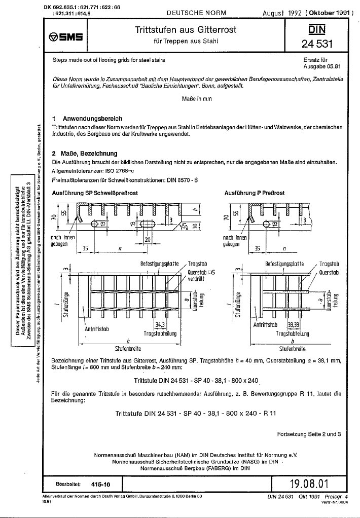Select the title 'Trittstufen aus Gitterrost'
coord(186,30)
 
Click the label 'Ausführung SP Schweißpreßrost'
coord(95,193)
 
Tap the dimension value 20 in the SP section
coord(148,238)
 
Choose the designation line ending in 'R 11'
coord(195,414)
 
